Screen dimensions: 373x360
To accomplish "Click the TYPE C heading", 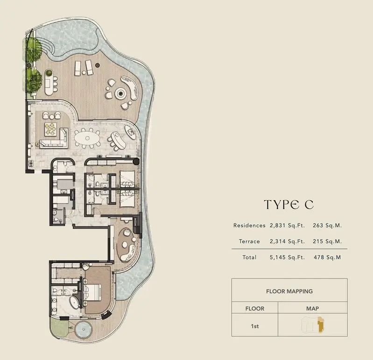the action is click(x=289, y=205).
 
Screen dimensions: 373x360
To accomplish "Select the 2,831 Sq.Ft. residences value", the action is click(x=287, y=226).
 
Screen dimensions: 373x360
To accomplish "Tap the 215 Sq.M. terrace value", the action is click(x=327, y=242).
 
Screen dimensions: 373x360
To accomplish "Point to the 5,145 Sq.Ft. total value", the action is click(x=287, y=257).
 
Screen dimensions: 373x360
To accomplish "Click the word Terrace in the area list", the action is click(x=249, y=242).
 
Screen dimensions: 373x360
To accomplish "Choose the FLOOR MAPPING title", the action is click(x=289, y=291).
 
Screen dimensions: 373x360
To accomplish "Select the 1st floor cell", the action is click(x=255, y=326).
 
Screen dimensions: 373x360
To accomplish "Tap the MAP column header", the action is click(x=312, y=309).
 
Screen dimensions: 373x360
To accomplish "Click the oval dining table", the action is click(x=87, y=138).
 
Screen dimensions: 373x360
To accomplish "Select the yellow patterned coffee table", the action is click(x=50, y=129).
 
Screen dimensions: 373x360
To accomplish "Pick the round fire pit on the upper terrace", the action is click(x=120, y=93).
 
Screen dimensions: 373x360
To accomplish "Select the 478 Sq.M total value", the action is click(x=327, y=257).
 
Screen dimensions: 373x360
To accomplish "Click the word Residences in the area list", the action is click(x=249, y=226).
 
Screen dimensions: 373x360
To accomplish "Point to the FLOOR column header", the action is click(x=255, y=309).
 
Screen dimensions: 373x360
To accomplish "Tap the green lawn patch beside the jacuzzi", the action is click(x=59, y=327).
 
